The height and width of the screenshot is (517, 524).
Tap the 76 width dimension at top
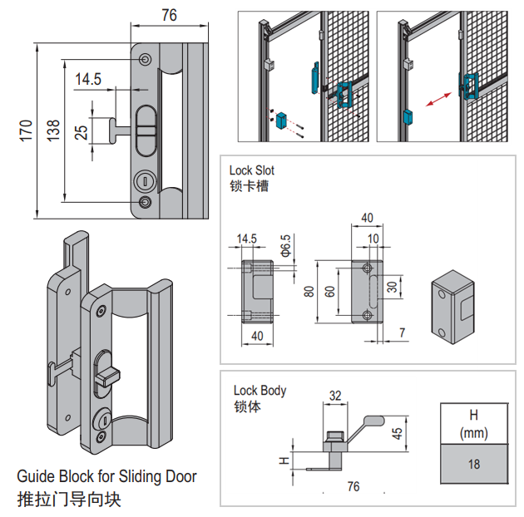(168, 14)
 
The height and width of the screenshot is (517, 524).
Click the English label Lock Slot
(251, 170)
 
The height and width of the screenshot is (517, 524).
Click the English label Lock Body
(260, 390)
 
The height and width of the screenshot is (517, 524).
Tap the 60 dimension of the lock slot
(330, 292)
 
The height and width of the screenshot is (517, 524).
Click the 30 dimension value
(392, 288)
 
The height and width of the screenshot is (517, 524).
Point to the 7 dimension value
(403, 333)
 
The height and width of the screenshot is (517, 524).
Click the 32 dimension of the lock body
(335, 396)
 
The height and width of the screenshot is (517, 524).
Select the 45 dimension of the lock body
(397, 433)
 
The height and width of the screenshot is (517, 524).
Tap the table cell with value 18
(473, 464)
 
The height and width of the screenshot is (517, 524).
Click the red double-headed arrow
(436, 99)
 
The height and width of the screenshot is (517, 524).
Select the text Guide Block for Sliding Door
(106, 477)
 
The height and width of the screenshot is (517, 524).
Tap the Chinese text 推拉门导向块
(68, 500)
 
